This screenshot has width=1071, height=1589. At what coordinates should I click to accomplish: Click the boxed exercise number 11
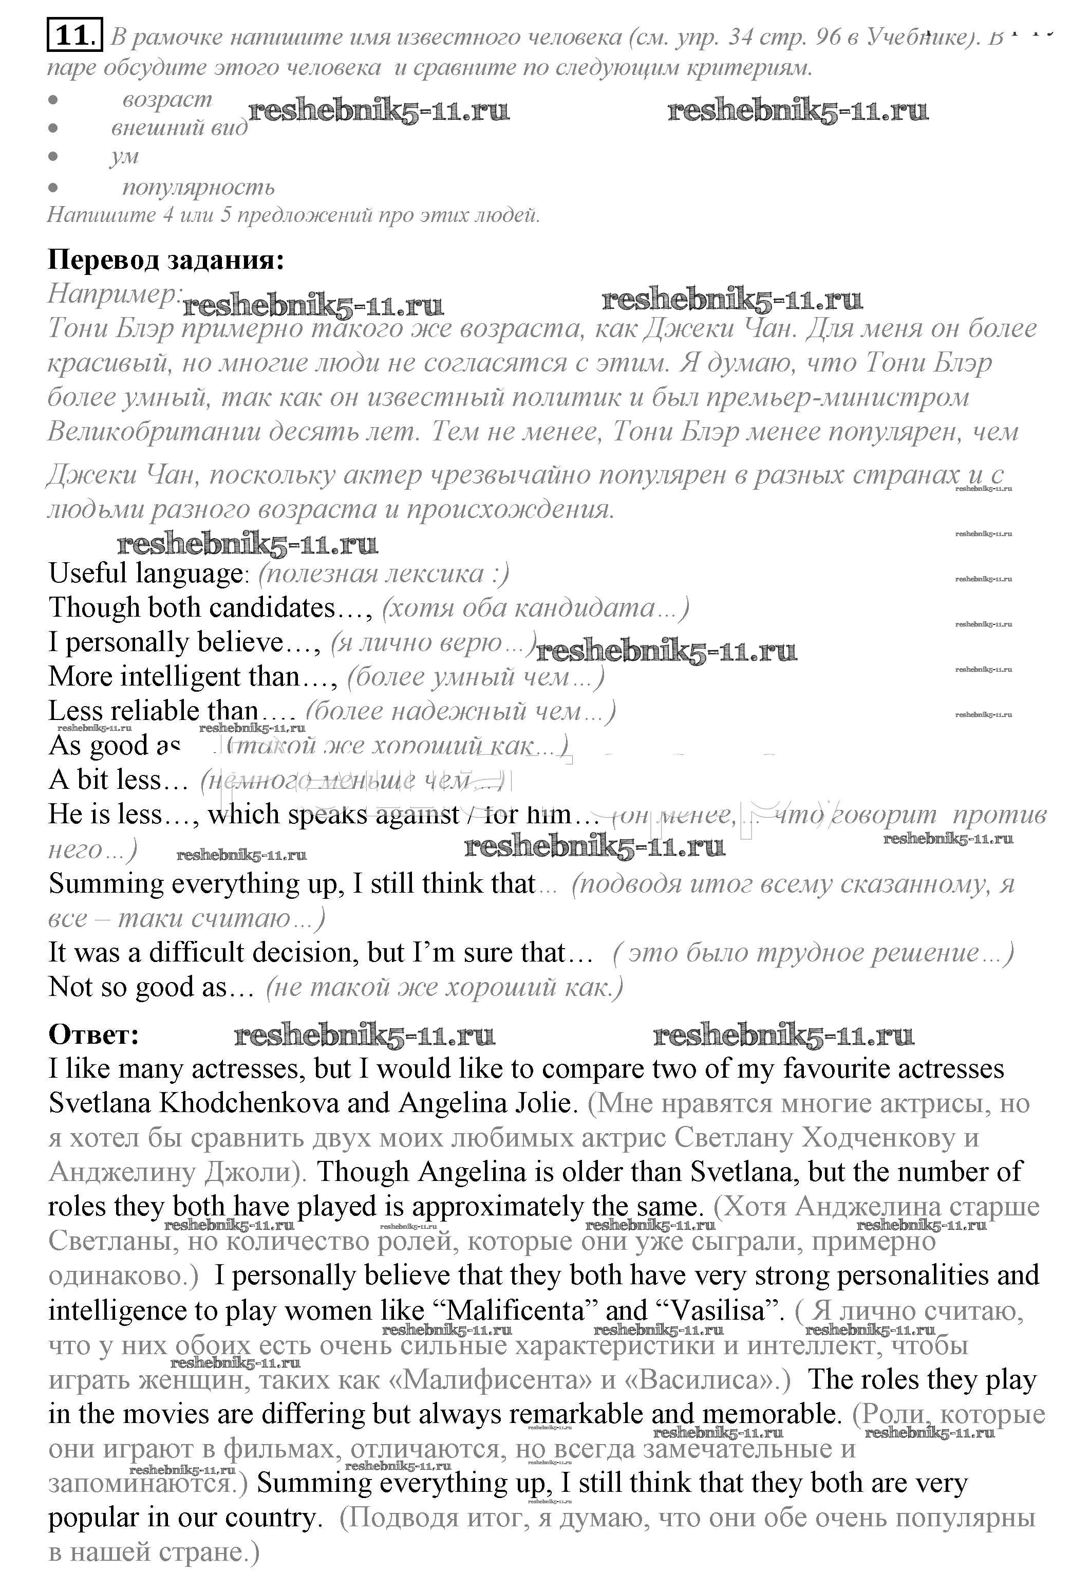[x=74, y=35]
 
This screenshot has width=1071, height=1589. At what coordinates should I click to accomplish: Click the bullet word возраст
[x=167, y=100]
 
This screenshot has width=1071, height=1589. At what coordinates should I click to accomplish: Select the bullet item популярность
[x=198, y=187]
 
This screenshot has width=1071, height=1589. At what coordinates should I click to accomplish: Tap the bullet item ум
[x=124, y=156]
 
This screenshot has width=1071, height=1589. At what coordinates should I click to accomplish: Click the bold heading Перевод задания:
[x=166, y=260]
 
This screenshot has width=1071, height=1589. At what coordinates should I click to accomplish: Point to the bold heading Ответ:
[x=93, y=1034]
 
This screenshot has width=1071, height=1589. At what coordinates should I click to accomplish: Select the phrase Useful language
[x=145, y=573]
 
